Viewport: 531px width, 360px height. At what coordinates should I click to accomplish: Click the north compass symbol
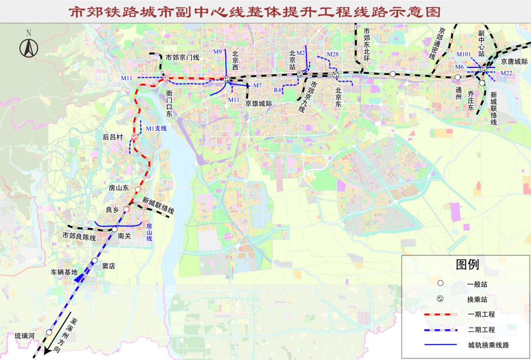[29, 47]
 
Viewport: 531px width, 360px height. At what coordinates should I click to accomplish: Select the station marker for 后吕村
[135, 137]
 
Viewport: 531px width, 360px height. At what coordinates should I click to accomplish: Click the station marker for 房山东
[138, 189]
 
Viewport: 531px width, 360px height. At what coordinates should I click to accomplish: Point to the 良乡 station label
[113, 210]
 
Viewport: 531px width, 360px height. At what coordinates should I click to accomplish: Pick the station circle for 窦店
[94, 261]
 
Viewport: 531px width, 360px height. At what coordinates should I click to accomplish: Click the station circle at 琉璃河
[49, 332]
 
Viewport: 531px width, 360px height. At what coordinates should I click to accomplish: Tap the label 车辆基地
[64, 271]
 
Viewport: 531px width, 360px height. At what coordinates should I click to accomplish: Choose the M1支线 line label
[156, 128]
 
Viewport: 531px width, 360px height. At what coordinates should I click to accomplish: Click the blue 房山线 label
[149, 232]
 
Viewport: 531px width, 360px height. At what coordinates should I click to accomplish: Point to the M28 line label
[332, 54]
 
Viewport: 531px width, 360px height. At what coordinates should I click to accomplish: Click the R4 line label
[278, 90]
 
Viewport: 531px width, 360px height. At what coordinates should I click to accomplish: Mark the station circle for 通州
[458, 77]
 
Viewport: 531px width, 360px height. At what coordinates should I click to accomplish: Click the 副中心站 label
[482, 43]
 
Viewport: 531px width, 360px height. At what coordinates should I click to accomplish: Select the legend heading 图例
[467, 265]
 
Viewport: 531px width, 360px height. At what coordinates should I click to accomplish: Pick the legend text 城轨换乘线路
[488, 345]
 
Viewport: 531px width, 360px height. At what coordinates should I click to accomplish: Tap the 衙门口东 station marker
[167, 79]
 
